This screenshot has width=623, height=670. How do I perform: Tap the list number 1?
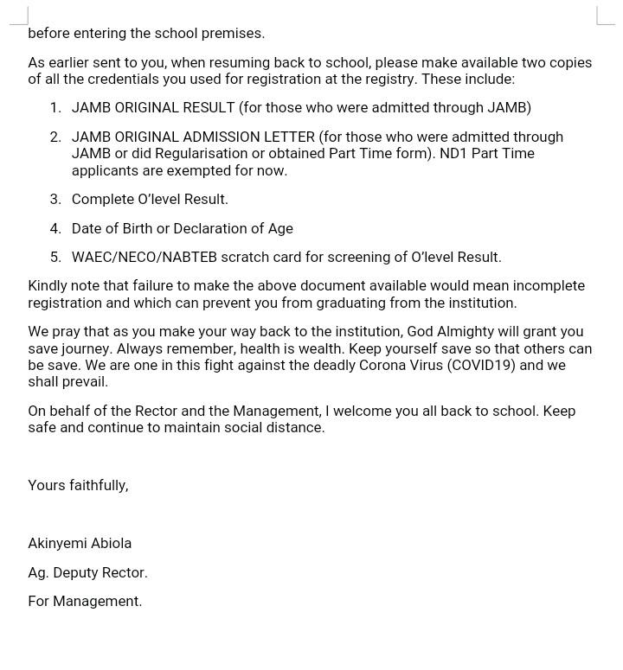[x=55, y=108]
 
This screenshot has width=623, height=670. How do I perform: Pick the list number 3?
[x=55, y=200]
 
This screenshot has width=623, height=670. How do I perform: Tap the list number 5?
[x=55, y=258]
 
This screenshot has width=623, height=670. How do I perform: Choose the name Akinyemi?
[x=57, y=544]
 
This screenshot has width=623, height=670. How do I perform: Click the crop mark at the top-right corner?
[x=605, y=16]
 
